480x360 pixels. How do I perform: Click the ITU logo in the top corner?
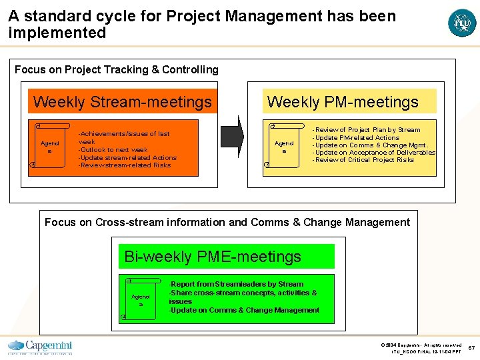click(x=462, y=23)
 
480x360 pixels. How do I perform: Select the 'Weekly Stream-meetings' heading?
click(x=122, y=102)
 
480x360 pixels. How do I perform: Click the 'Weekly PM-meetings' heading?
click(x=343, y=102)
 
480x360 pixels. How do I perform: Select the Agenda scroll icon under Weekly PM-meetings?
click(x=284, y=145)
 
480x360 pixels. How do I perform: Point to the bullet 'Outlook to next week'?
click(x=113, y=150)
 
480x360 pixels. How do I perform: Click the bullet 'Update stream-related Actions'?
click(x=127, y=158)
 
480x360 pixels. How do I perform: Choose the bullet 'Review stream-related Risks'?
click(x=125, y=165)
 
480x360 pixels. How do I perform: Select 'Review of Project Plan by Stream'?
click(x=367, y=130)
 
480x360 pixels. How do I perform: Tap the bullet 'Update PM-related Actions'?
click(x=357, y=138)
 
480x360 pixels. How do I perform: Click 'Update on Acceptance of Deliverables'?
click(x=375, y=153)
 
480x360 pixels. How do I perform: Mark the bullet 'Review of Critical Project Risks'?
click(x=364, y=160)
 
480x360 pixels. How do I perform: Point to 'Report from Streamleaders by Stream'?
click(x=237, y=284)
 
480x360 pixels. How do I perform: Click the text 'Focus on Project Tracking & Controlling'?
click(x=117, y=69)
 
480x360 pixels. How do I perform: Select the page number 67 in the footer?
click(x=471, y=348)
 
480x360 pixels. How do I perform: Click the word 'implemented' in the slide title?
click(x=57, y=33)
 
